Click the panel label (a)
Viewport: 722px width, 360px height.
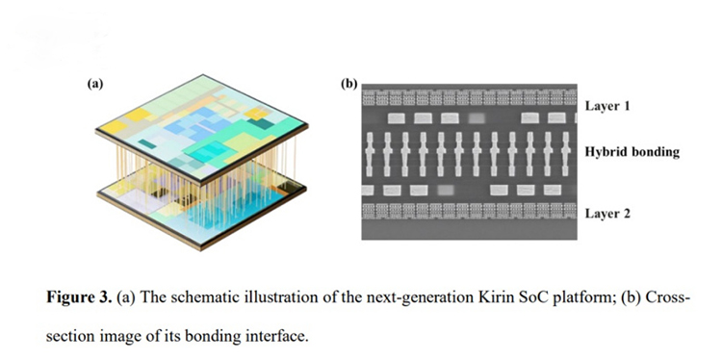click(95, 84)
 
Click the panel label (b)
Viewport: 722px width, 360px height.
click(349, 84)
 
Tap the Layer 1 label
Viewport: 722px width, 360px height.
click(606, 106)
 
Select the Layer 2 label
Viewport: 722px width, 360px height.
click(606, 214)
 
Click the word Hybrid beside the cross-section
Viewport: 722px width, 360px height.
click(603, 152)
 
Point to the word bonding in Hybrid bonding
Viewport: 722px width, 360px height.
click(652, 152)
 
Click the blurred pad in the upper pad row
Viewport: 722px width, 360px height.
click(477, 118)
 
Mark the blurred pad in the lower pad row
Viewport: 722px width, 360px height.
click(446, 190)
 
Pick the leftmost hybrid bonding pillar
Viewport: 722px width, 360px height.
click(370, 154)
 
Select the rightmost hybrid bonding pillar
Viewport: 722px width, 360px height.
click(565, 154)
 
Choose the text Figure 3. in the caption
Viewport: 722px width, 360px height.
click(79, 297)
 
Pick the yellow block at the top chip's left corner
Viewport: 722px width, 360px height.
click(111, 126)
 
